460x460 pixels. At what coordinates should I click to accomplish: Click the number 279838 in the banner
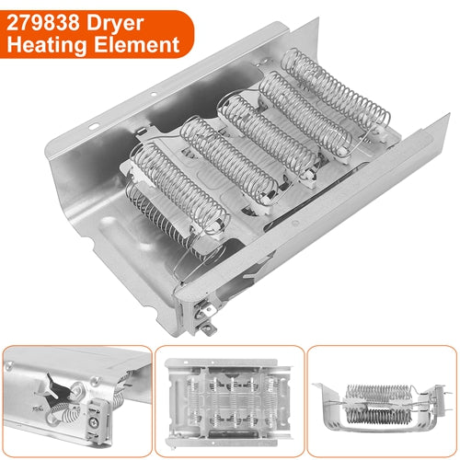point(43,23)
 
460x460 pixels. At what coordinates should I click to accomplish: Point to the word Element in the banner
point(137,44)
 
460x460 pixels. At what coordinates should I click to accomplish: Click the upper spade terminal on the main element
point(208,310)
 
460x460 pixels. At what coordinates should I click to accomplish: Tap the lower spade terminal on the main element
point(209,328)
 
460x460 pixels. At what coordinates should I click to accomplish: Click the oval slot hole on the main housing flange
point(93,126)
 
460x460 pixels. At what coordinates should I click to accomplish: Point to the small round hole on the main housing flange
point(154,94)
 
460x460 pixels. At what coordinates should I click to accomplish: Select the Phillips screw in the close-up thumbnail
point(93,422)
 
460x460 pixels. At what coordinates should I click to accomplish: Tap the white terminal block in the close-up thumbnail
point(98,421)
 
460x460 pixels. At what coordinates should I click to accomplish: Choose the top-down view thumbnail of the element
point(229,402)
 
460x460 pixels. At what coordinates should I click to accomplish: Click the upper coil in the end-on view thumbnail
point(378,393)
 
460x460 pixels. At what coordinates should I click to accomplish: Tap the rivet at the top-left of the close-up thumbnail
point(7,365)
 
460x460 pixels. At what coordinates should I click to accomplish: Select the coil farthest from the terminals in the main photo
point(336,89)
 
